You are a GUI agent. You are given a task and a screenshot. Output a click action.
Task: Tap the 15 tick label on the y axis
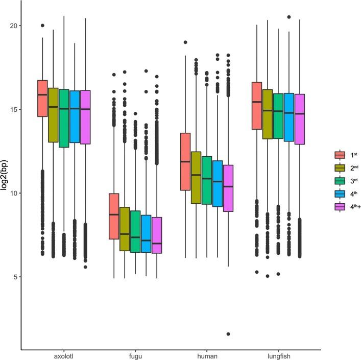[x=14, y=109]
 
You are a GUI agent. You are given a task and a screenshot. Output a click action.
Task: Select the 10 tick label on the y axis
[x=14, y=193]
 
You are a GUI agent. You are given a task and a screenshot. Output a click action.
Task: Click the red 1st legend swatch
[x=339, y=155]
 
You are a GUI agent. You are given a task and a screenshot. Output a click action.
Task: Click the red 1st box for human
[x=185, y=161]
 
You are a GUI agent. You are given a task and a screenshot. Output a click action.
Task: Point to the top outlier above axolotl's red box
[x=42, y=26]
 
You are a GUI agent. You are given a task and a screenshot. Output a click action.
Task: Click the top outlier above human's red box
[x=185, y=42]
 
